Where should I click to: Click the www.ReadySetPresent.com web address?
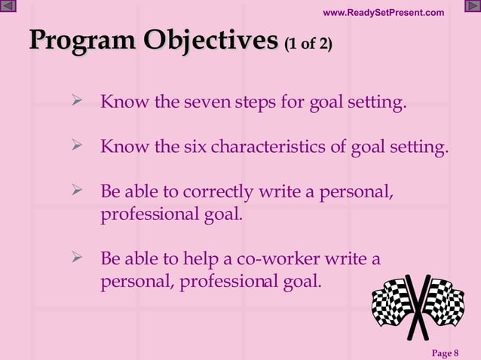coord(383,12)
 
